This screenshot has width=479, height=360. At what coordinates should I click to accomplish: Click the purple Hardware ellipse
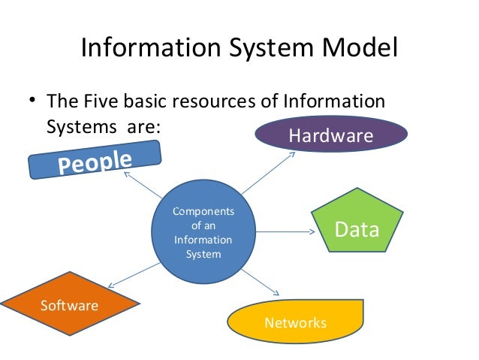pyautogui.click(x=331, y=135)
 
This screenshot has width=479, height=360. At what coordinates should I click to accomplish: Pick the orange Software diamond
pyautogui.click(x=70, y=304)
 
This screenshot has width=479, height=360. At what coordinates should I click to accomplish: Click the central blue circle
pyautogui.click(x=203, y=232)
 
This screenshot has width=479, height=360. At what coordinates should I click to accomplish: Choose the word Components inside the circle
pyautogui.click(x=203, y=212)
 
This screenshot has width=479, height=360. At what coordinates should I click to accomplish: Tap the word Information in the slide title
pyautogui.click(x=142, y=49)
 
